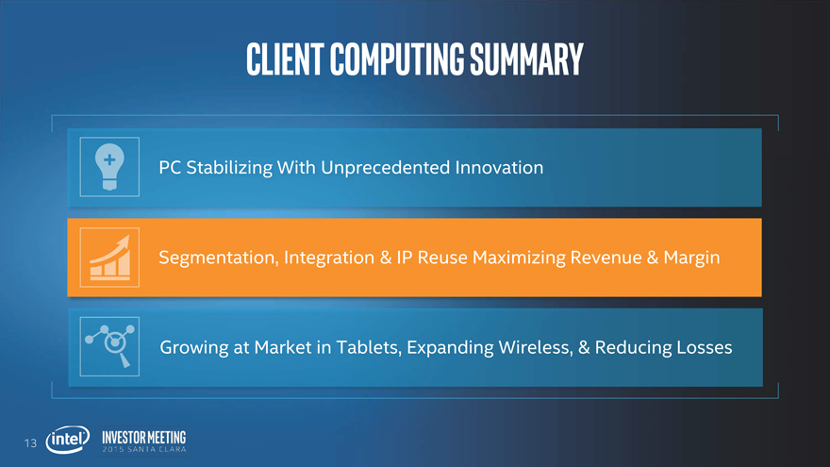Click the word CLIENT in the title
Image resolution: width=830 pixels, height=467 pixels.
(x=285, y=58)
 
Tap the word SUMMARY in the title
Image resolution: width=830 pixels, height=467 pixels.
(x=526, y=58)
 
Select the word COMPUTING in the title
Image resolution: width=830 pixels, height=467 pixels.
(x=396, y=58)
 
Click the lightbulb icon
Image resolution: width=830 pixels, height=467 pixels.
(x=109, y=167)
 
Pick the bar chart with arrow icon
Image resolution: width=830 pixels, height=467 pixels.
(x=109, y=258)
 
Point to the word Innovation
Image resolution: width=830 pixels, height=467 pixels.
(x=499, y=168)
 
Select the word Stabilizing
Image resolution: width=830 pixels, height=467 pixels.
(x=229, y=168)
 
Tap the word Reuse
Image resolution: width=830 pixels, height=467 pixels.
(x=442, y=258)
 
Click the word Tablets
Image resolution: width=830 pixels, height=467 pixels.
(x=369, y=348)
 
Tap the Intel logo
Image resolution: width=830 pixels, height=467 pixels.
(x=68, y=440)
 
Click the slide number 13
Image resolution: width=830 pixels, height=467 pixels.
(x=31, y=443)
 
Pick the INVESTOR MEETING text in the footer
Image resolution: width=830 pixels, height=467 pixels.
(x=144, y=438)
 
